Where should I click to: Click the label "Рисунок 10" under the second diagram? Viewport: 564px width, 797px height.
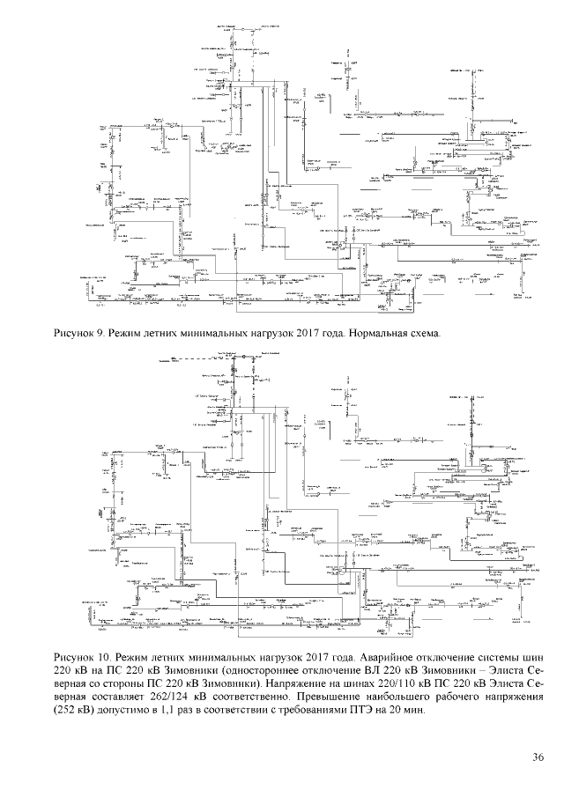[x=80, y=657]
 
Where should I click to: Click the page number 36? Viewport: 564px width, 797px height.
[x=538, y=757]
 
